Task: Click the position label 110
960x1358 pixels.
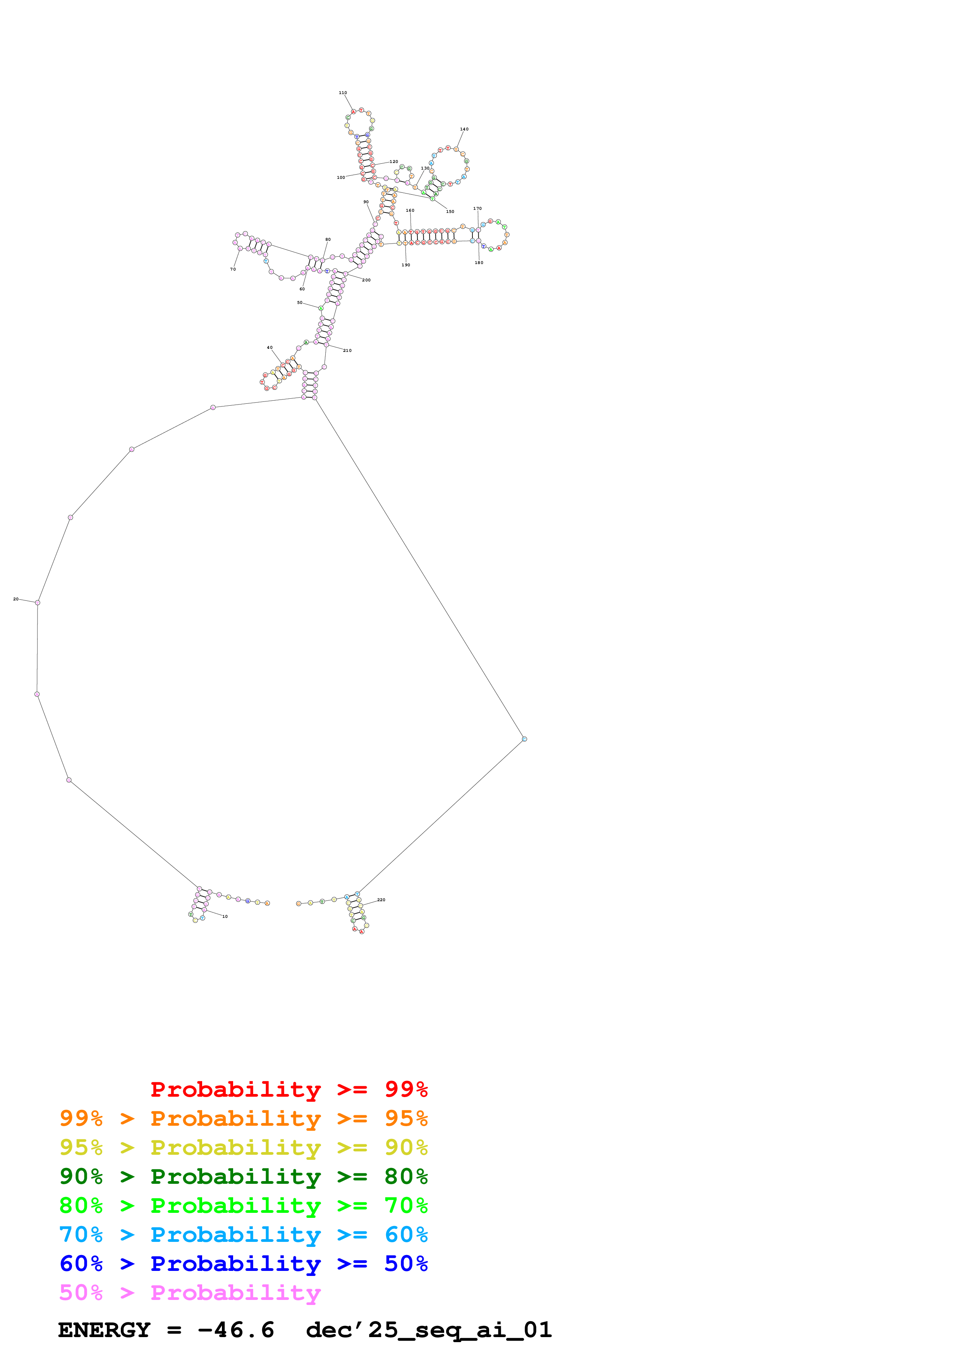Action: click(x=342, y=93)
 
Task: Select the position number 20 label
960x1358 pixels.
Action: click(x=16, y=599)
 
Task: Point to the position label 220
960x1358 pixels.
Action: click(x=381, y=900)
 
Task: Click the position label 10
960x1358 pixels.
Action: click(x=225, y=916)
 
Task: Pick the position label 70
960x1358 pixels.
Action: click(x=233, y=269)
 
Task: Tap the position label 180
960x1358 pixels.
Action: click(x=479, y=262)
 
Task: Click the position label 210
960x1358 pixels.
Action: click(x=347, y=351)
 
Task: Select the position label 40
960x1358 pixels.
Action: click(x=270, y=348)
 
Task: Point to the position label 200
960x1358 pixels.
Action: click(x=366, y=280)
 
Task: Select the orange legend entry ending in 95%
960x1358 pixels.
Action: click(x=243, y=1118)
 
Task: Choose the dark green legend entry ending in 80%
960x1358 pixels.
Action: click(x=243, y=1176)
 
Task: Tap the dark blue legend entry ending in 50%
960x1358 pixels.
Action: click(x=243, y=1264)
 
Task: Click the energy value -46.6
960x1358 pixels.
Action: click(x=235, y=1330)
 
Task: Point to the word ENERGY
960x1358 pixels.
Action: click(x=104, y=1330)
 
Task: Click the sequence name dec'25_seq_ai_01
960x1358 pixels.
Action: click(x=429, y=1330)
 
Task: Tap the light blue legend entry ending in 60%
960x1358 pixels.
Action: click(x=243, y=1235)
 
